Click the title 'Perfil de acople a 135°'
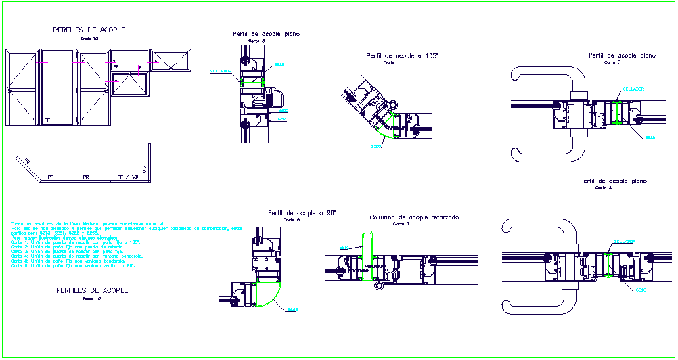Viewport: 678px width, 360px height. point(401,56)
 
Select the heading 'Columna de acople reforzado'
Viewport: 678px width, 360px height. point(414,217)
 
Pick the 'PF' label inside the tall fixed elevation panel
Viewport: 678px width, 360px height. point(47,120)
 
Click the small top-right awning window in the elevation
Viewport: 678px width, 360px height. point(171,60)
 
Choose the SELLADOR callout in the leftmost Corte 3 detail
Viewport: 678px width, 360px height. point(221,71)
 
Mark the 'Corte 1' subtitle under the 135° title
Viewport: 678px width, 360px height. point(392,63)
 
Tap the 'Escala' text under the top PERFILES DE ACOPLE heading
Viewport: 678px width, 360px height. point(89,39)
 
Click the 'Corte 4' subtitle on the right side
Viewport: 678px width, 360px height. point(604,188)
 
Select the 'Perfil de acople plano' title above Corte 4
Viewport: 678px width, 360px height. point(613,181)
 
